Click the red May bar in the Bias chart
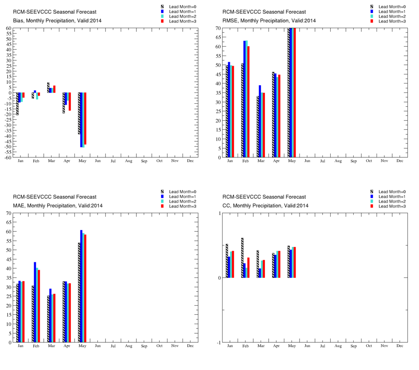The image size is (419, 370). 85,118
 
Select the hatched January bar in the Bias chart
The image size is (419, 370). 18,104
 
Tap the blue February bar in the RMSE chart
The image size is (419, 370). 245,99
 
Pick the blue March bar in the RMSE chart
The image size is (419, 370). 260,121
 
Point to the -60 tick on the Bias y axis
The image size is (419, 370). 8,158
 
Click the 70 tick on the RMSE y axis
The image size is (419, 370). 218,28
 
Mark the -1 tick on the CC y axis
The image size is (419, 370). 219,343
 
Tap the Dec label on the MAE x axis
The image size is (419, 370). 190,346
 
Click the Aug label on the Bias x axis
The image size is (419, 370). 129,161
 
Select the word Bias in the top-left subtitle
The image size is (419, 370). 18,20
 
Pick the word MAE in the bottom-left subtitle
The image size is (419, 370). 18,205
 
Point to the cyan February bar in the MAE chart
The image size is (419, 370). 37,305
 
